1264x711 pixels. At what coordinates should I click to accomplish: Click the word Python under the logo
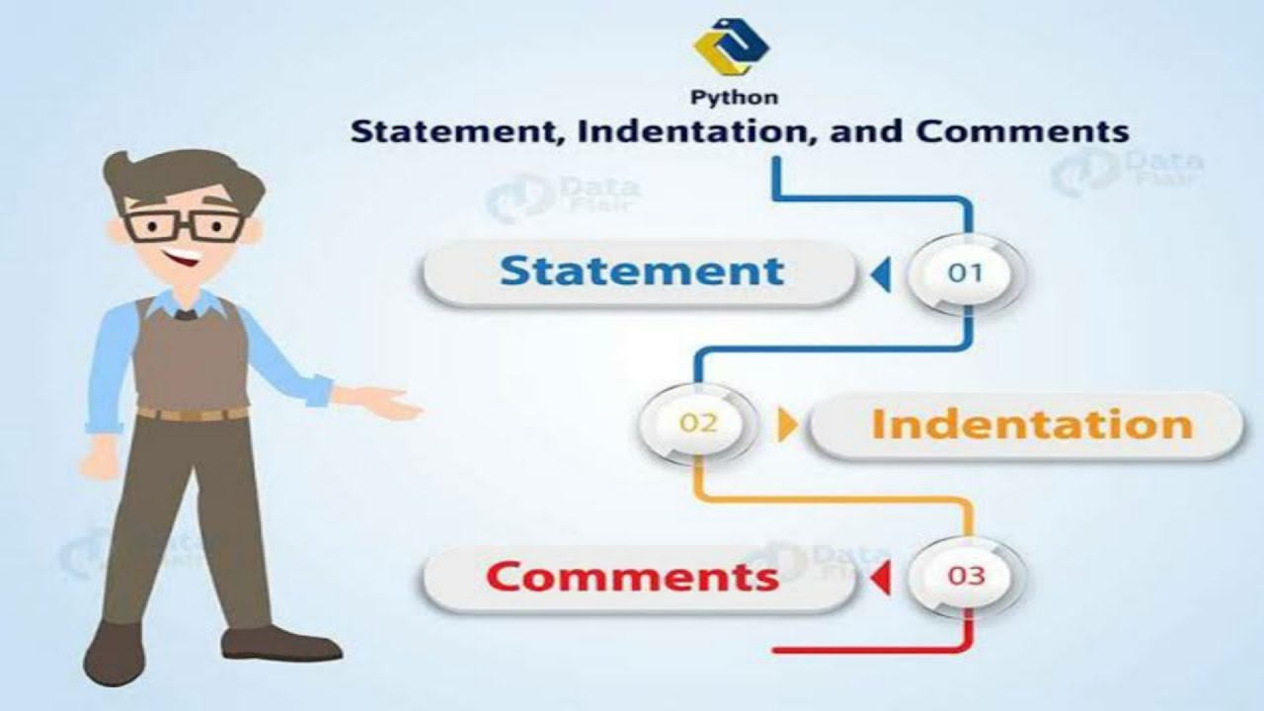733,97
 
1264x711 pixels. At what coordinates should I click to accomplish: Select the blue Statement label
641,272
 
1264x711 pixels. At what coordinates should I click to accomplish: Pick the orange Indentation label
1032,425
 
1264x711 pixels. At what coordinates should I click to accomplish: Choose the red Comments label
633,576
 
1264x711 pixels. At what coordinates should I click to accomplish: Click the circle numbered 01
966,273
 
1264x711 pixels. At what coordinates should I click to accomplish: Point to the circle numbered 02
697,425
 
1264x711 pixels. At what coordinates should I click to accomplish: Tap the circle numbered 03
966,576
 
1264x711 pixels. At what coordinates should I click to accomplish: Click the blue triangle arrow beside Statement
880,275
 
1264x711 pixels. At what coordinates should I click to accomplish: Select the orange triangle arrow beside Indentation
787,426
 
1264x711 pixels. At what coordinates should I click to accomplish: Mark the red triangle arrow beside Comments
880,578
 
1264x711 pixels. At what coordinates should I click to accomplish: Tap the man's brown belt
193,413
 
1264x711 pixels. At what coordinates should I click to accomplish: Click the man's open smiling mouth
182,262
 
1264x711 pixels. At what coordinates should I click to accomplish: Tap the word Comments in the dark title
1022,131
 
